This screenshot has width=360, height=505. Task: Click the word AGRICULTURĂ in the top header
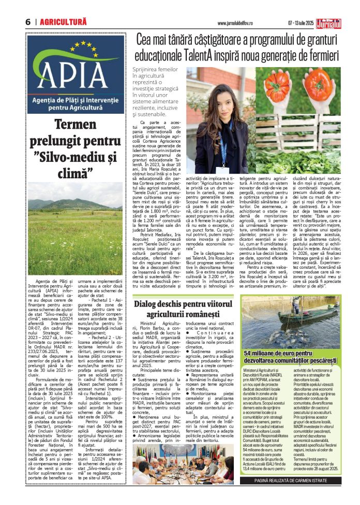point(63,22)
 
